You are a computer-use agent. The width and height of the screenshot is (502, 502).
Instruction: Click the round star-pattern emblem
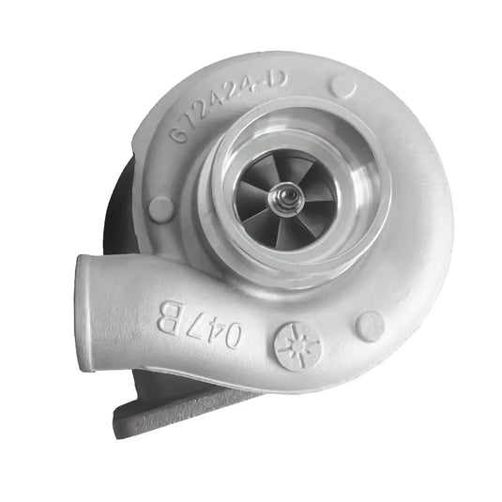(297, 346)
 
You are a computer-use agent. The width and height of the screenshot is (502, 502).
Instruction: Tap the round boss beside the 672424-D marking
(343, 87)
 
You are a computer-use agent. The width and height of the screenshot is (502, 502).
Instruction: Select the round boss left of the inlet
(160, 208)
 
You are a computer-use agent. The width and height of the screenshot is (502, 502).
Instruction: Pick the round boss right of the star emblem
(370, 326)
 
